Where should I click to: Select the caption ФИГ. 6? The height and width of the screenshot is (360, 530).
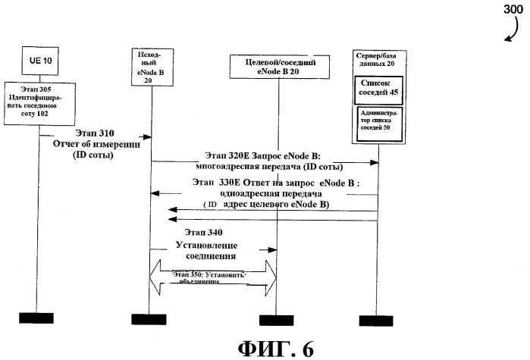point(275,347)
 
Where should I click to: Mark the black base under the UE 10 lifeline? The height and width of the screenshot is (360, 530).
point(36,318)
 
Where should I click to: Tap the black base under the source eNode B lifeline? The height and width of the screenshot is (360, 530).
point(149,318)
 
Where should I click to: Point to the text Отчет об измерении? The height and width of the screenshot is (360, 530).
point(96,143)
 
